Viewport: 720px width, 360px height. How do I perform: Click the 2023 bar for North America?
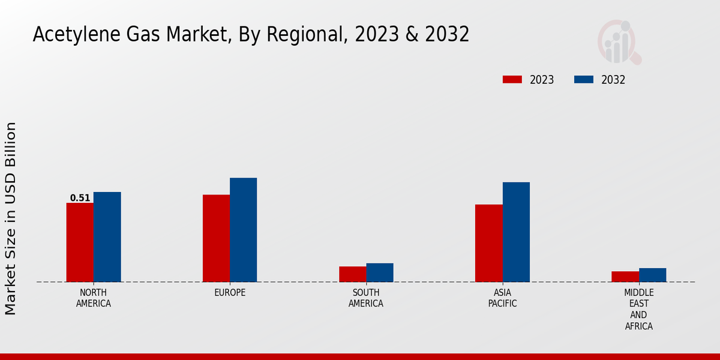click(x=80, y=242)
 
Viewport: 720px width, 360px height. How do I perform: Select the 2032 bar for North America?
click(x=107, y=237)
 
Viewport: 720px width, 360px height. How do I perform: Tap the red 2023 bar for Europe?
click(x=216, y=238)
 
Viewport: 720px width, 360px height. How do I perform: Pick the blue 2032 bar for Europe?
click(x=243, y=230)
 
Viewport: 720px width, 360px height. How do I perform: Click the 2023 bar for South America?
click(x=352, y=274)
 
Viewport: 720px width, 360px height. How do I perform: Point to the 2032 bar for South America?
click(x=380, y=272)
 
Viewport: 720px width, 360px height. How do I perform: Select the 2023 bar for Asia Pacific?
click(x=488, y=243)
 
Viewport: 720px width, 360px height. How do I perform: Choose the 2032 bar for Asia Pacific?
click(x=516, y=232)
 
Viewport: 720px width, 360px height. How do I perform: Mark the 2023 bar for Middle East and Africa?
click(x=625, y=277)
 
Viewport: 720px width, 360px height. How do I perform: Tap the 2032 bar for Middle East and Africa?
click(x=652, y=275)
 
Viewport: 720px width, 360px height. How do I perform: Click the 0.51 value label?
click(x=80, y=198)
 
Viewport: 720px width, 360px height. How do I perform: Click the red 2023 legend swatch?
click(x=512, y=80)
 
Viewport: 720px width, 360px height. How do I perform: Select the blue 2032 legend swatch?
click(x=584, y=80)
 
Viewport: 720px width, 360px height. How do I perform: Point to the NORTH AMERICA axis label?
click(x=94, y=298)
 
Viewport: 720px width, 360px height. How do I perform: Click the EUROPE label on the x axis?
click(x=230, y=293)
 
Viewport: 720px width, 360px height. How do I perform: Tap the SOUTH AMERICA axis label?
click(x=366, y=298)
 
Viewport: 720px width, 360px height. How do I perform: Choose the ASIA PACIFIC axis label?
click(x=502, y=298)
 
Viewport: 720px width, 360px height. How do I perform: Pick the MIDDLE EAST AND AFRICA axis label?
click(x=638, y=310)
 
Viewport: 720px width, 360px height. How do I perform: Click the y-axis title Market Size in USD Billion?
click(x=11, y=218)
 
